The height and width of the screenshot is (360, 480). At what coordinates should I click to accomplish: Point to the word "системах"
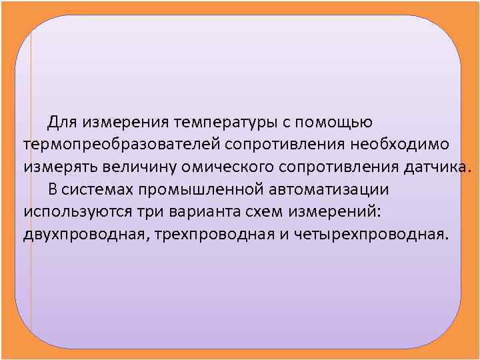(x=99, y=189)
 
